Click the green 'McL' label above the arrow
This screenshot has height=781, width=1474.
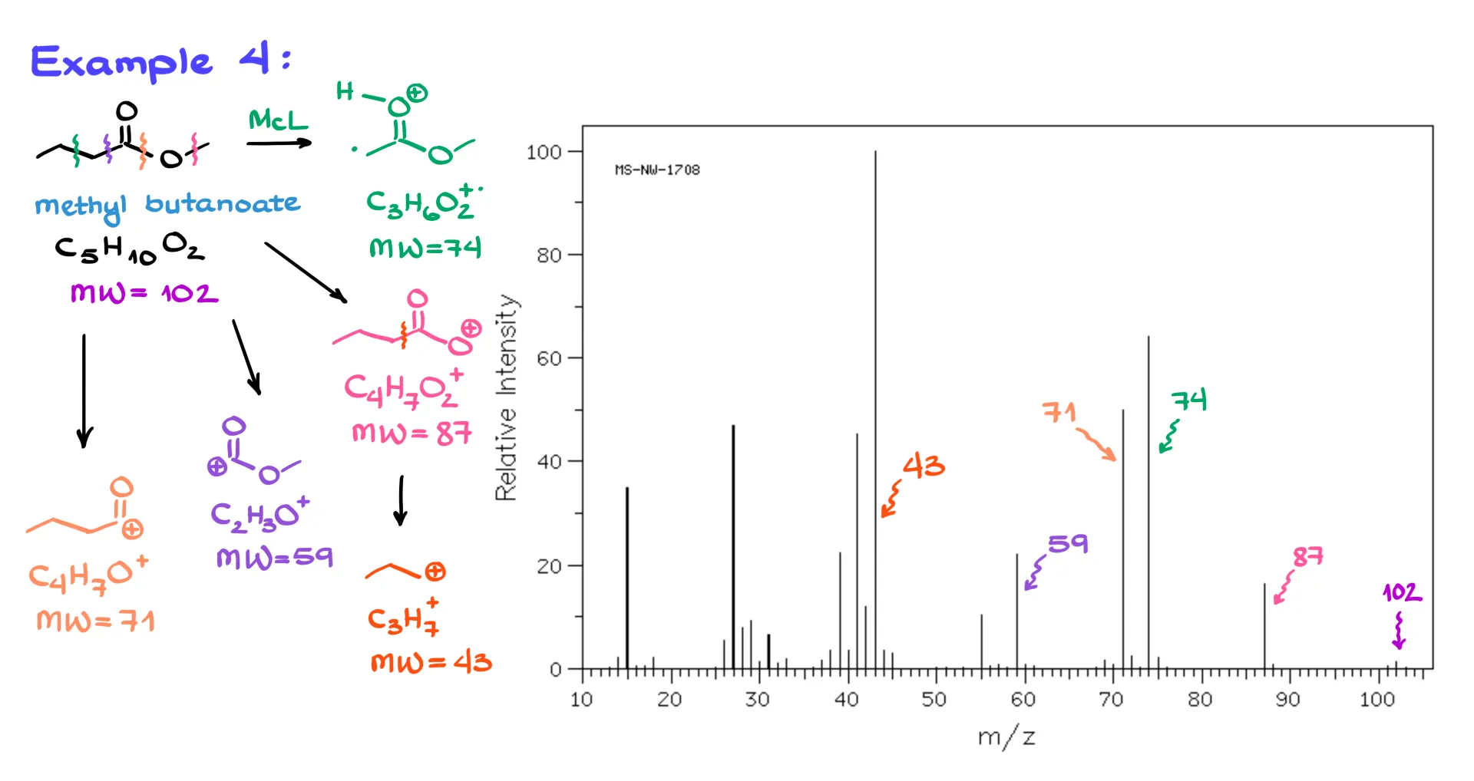(277, 120)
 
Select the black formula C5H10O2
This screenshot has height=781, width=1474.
(129, 249)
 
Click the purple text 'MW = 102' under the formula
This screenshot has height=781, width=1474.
(144, 293)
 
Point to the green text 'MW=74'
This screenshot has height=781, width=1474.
(425, 248)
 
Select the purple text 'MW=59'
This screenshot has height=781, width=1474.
(274, 558)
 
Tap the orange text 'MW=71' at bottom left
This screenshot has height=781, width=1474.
(96, 621)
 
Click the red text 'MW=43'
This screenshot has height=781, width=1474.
(431, 662)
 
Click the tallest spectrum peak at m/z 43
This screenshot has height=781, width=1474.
(875, 384)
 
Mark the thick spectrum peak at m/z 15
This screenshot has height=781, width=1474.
(627, 575)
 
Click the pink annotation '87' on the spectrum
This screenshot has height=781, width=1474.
(1307, 557)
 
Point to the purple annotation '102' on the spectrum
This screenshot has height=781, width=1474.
(1402, 592)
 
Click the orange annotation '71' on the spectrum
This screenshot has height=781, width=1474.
(1059, 413)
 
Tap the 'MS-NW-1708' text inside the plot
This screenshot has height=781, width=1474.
(657, 170)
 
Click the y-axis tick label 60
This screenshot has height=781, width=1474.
(549, 359)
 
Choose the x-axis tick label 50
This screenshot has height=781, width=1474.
(934, 700)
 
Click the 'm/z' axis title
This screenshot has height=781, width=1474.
(1006, 737)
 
